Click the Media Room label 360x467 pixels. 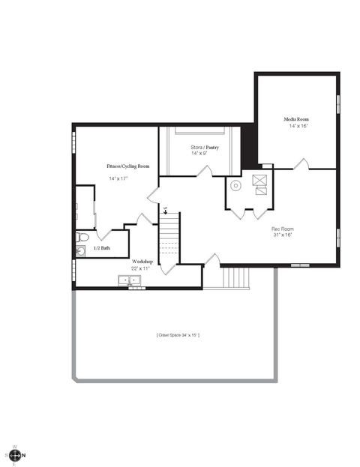tap(296, 120)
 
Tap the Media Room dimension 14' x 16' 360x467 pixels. tap(298, 127)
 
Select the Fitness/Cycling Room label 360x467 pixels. tap(127, 166)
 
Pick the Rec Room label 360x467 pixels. tap(282, 228)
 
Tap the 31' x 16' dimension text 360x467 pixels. tap(282, 235)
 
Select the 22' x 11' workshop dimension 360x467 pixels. tap(140, 268)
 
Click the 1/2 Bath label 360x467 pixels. tap(101, 248)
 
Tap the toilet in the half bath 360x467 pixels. tap(82, 238)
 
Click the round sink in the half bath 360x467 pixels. tap(80, 250)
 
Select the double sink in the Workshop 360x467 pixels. tap(130, 281)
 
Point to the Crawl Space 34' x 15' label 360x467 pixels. tap(178, 334)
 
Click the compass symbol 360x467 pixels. tap(15, 455)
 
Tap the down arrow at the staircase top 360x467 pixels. tap(165, 211)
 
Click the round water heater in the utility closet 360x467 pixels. tap(235, 185)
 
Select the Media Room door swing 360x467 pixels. tap(301, 163)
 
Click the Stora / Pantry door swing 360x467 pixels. tap(204, 171)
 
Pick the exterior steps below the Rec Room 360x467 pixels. tap(235, 277)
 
